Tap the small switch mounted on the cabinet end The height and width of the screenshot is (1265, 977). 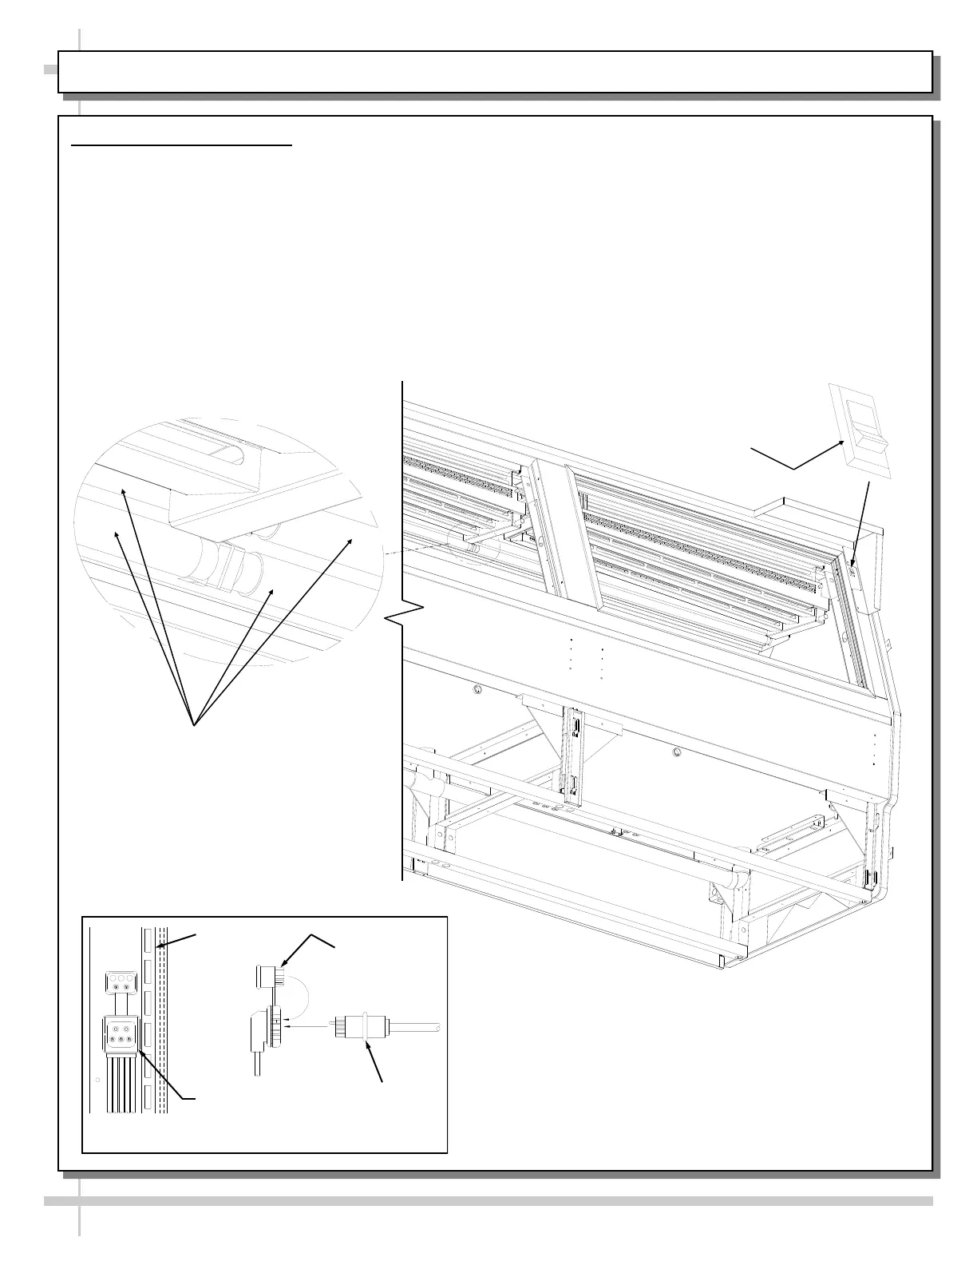click(852, 570)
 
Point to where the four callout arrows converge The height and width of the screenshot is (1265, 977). click(193, 724)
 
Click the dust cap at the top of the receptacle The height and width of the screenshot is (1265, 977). click(265, 976)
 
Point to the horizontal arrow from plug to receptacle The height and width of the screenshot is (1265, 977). click(307, 1028)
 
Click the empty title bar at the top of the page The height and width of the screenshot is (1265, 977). click(495, 72)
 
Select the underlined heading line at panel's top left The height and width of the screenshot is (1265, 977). click(182, 146)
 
